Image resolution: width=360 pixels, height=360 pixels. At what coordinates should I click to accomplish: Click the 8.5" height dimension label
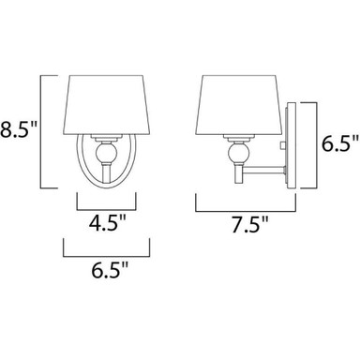click(19, 129)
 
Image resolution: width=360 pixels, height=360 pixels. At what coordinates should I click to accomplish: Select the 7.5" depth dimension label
click(250, 224)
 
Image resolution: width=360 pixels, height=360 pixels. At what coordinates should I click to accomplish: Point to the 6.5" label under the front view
click(110, 270)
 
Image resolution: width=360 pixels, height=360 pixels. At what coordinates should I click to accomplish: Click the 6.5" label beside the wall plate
click(340, 143)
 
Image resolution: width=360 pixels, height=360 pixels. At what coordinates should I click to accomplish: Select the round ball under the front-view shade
click(107, 152)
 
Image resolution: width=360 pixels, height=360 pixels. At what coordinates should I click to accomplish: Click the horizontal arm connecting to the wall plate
click(264, 170)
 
